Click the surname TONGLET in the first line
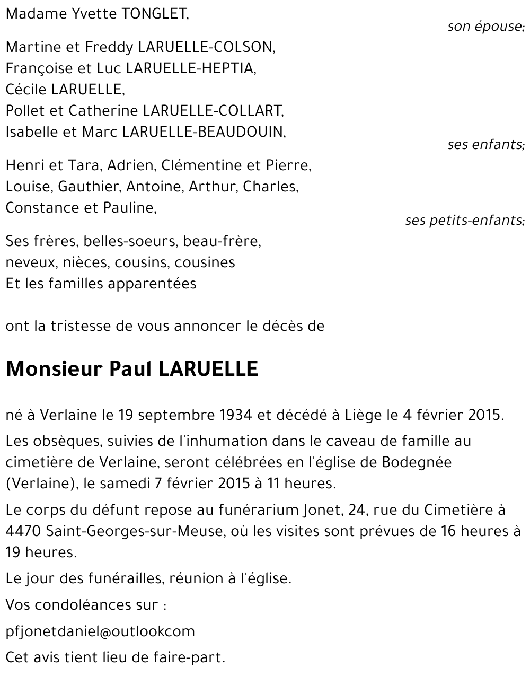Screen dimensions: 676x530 (x=154, y=14)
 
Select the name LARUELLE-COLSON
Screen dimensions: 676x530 (x=206, y=47)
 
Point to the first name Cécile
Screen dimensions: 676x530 (x=26, y=90)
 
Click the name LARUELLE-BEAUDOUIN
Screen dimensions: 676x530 (x=204, y=132)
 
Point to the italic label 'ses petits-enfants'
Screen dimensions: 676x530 (x=464, y=220)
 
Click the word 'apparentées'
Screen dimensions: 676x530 (x=152, y=284)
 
